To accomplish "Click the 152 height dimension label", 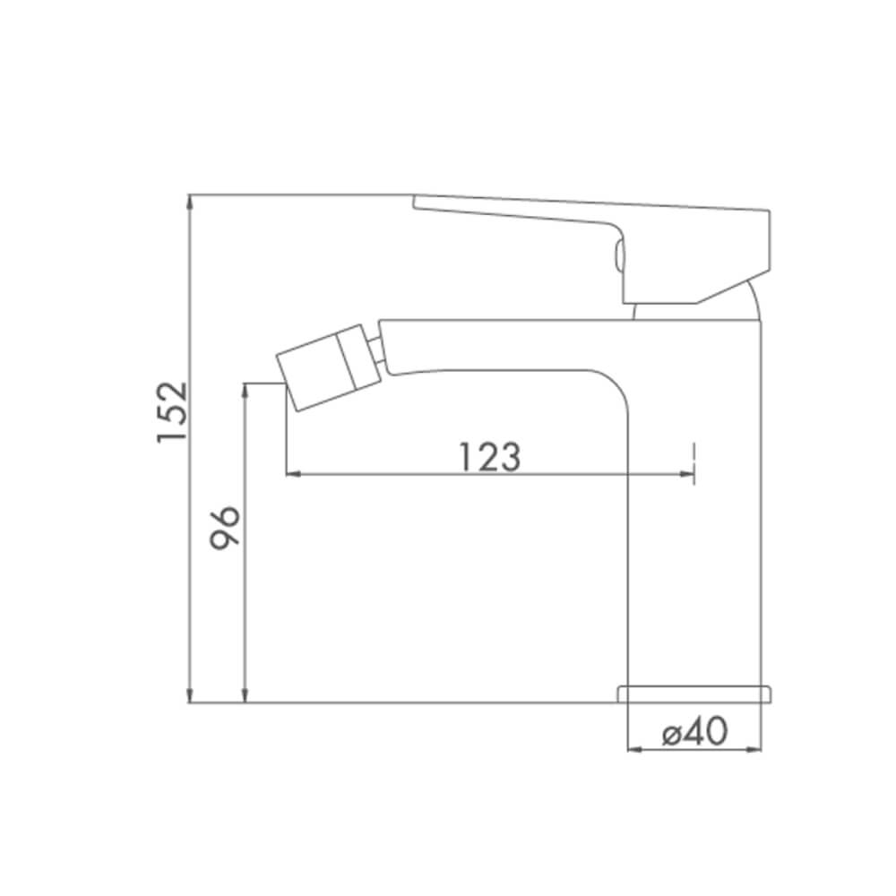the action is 172,411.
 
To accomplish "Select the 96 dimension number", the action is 225,528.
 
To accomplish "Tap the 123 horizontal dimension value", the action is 490,457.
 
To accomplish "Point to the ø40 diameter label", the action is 695,731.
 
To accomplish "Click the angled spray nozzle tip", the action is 329,367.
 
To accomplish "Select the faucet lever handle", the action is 591,248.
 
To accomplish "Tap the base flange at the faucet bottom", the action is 695,694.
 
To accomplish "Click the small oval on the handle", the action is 618,254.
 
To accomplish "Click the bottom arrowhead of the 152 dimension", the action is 188,695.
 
